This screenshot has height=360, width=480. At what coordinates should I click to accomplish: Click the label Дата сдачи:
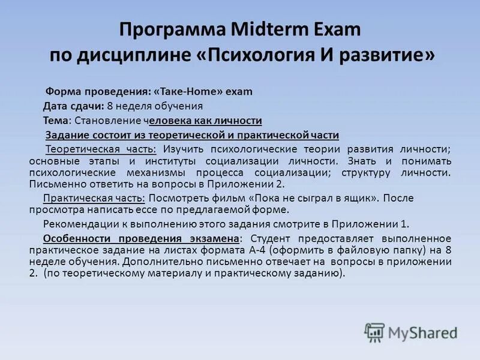pos(74,106)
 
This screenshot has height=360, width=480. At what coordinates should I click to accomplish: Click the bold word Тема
pos(55,121)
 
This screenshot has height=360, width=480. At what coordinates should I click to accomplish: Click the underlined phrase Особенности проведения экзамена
pos(142,239)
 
